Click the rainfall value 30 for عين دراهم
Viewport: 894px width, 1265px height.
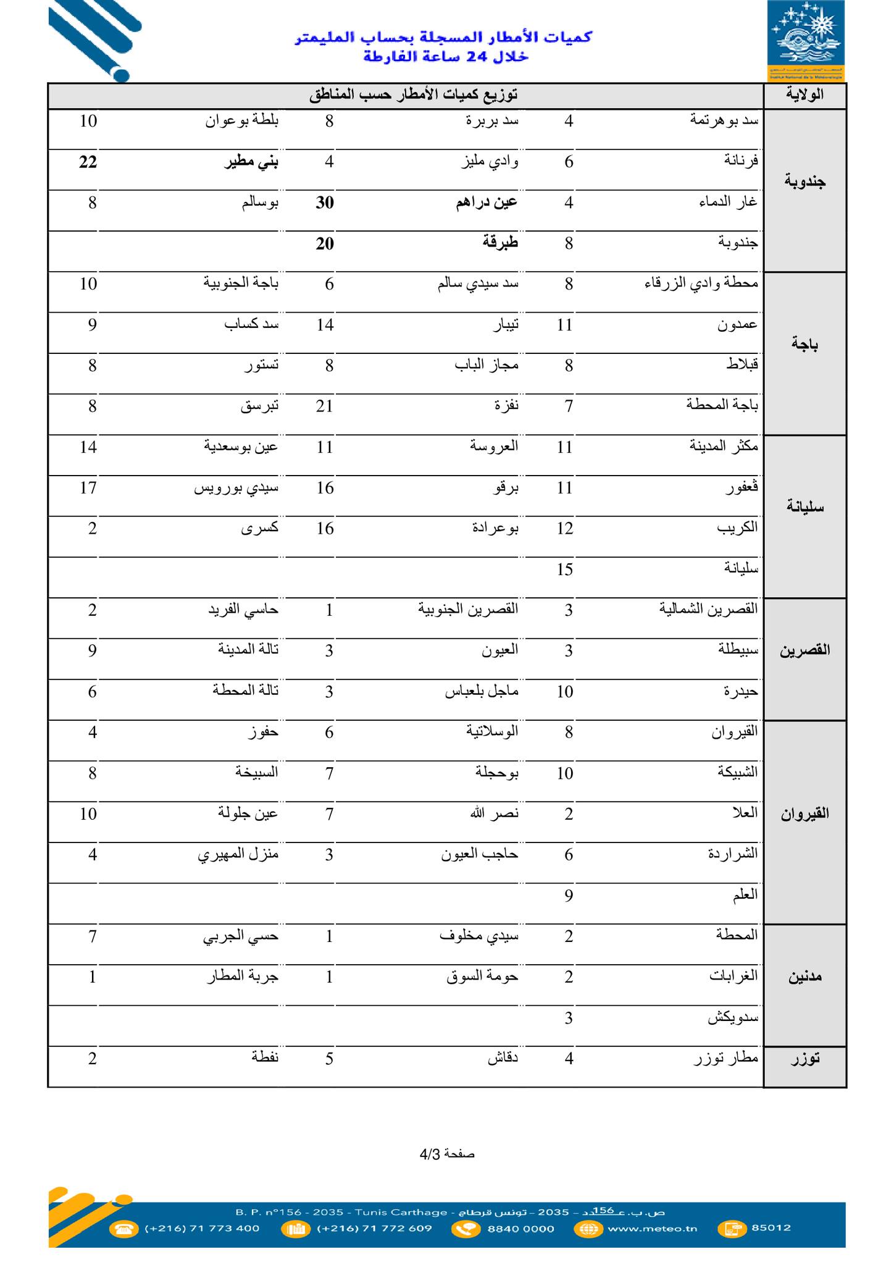tap(325, 203)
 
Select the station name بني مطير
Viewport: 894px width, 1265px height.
tap(251, 162)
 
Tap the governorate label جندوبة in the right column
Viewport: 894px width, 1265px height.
tap(804, 181)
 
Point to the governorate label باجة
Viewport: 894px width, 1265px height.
tap(804, 344)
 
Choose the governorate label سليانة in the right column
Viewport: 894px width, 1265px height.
tap(804, 507)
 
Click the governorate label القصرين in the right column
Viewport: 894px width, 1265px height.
tap(804, 650)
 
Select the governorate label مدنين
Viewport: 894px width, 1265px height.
tap(804, 977)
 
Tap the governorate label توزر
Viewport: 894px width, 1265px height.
tap(804, 1059)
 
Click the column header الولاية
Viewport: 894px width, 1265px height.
tap(804, 95)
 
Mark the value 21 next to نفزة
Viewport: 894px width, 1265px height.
tap(325, 406)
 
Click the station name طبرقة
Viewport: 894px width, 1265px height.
tap(500, 243)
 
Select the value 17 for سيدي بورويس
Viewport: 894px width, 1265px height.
tap(88, 488)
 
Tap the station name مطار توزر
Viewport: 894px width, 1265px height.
tap(726, 1059)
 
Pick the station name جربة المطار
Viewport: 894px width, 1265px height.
tap(243, 977)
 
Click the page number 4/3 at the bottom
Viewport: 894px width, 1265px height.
tap(446, 1153)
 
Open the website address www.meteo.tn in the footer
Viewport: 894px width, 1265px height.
tap(652, 1229)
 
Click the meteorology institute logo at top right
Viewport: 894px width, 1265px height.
tap(806, 41)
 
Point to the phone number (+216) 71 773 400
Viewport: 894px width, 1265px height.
tap(202, 1229)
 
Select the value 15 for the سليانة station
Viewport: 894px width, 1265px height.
tap(565, 569)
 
